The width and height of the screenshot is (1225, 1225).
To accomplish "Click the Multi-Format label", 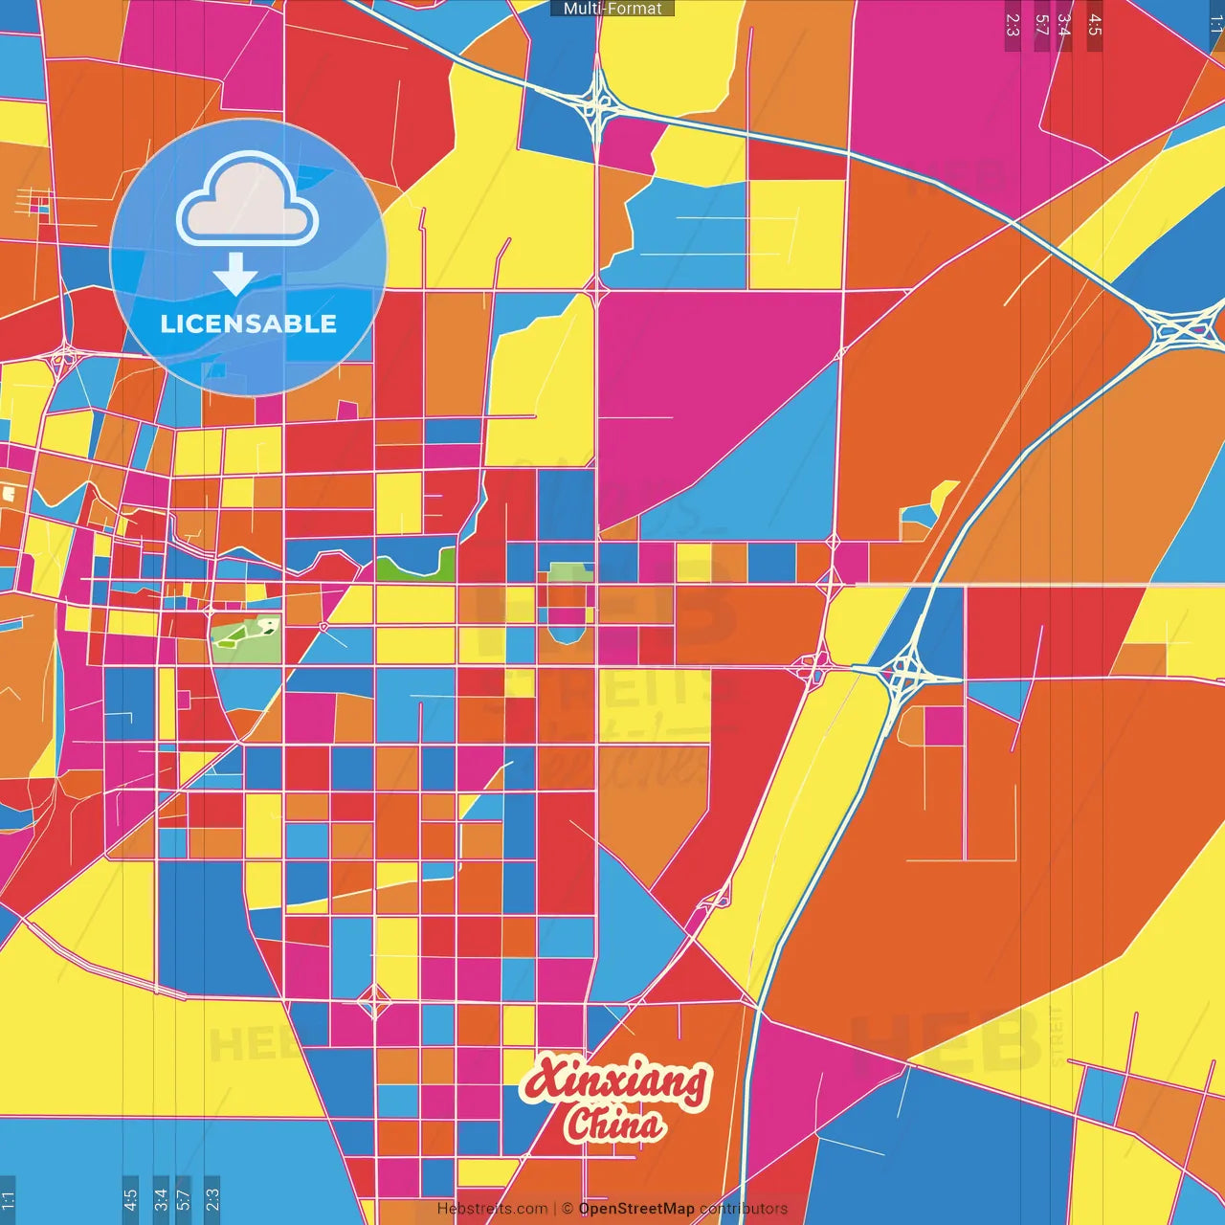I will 612,9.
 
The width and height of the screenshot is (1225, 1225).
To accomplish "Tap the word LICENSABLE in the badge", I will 249,323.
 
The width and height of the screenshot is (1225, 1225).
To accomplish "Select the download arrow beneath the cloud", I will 235,274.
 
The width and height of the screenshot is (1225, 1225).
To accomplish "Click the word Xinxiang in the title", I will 614,1080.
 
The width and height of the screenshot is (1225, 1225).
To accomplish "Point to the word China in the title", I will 614,1124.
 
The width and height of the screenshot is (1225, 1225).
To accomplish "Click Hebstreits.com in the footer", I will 492,1209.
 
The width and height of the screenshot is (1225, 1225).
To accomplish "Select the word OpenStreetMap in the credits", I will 636,1209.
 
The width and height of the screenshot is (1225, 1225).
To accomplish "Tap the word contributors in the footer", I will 744,1209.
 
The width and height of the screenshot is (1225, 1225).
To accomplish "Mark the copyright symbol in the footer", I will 568,1209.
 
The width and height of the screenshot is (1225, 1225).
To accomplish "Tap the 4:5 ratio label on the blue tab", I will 130,1199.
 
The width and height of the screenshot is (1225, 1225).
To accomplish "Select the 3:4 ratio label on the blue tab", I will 161,1199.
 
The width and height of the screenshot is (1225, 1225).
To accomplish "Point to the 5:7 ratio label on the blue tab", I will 184,1199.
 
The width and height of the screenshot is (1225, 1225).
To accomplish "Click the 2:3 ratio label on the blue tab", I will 212,1199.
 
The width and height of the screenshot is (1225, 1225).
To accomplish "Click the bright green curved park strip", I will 416,568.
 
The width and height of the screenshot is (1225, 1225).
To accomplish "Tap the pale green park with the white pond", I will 247,635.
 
